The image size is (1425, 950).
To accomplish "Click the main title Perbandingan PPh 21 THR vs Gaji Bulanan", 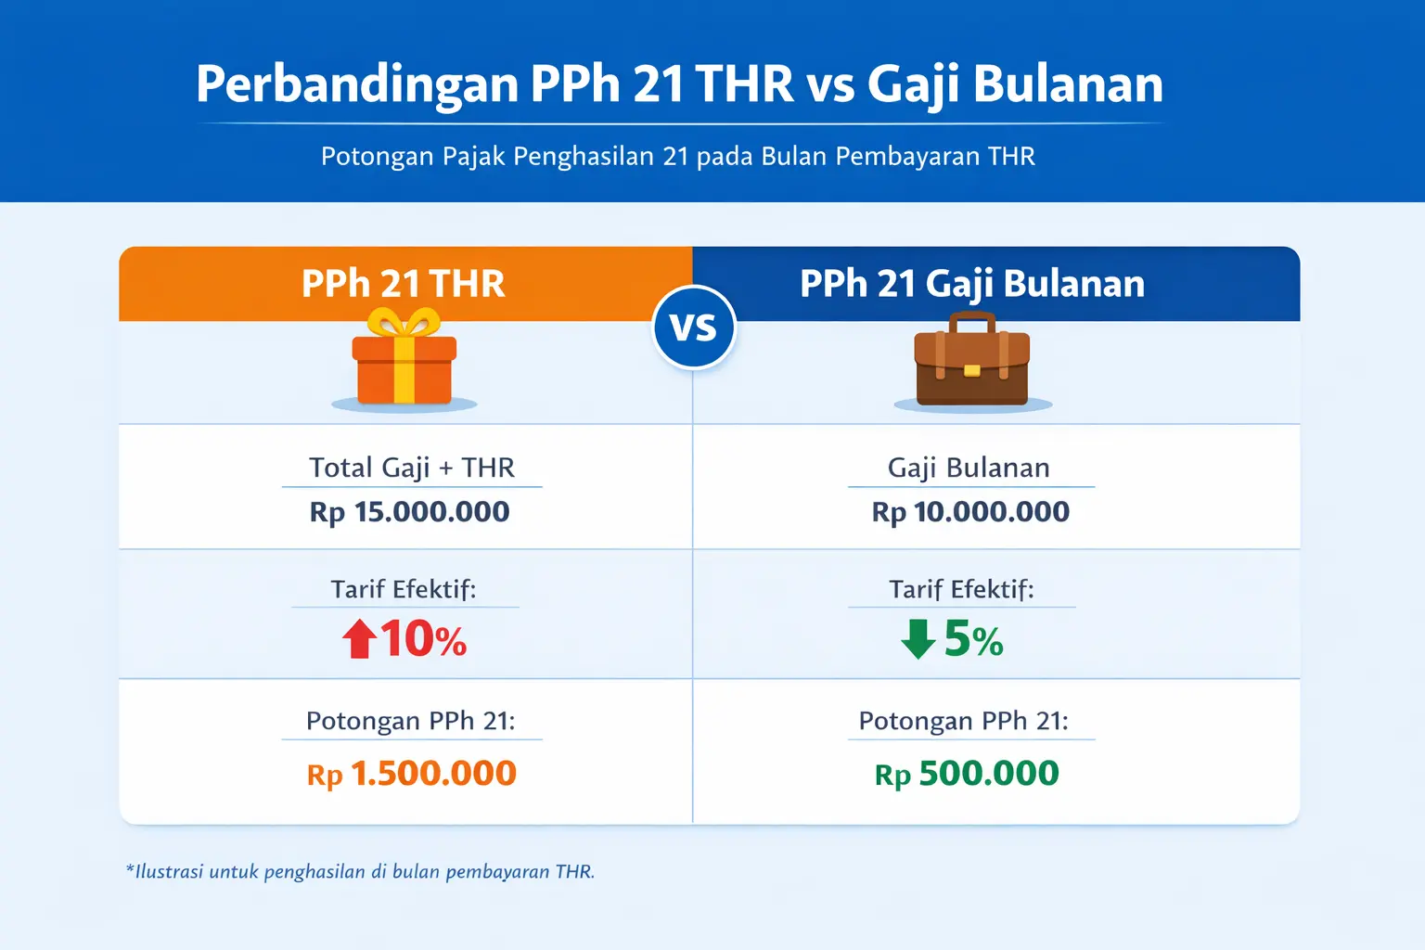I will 679,84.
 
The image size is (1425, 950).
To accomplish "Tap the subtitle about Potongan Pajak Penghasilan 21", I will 677,156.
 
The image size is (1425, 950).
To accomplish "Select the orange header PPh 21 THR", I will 404,284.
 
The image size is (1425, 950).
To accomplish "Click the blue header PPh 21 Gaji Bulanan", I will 972,284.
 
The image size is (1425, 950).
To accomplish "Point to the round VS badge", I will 694,327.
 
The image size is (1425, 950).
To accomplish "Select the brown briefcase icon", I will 971,366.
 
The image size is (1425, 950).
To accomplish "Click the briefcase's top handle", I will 971,321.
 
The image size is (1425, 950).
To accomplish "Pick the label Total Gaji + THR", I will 411,468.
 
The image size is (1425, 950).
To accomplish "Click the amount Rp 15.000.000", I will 409,512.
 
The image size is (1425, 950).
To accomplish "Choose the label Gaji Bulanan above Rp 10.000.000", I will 969,468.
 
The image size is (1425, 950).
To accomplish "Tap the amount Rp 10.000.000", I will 970,512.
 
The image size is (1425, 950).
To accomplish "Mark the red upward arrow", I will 359,639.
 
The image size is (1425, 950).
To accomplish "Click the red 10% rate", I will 423,639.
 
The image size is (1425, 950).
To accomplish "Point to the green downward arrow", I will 918,639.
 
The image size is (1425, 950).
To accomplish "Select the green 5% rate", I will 973,639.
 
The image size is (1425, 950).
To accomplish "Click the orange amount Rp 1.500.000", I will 411,774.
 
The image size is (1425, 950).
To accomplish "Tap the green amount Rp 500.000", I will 967,774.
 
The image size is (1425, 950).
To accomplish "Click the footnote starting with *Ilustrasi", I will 360,872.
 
